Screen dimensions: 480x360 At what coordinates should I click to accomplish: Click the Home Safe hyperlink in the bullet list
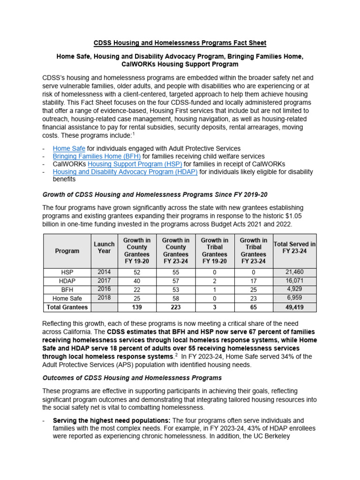coord(69,149)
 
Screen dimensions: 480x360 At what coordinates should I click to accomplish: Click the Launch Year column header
coord(104,247)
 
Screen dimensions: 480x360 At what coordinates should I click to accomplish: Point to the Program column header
coord(67,251)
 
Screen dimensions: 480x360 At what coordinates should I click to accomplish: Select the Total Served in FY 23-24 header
coord(294,247)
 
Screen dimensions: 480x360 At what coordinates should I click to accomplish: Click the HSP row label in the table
coord(67,272)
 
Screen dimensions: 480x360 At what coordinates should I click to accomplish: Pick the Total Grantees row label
coord(67,307)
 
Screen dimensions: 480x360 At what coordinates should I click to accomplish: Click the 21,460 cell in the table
coord(294,272)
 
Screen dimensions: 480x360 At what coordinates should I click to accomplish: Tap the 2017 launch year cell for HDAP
coord(104,280)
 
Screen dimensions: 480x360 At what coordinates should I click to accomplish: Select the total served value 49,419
coord(294,307)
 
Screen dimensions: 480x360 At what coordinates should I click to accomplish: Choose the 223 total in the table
coord(176,307)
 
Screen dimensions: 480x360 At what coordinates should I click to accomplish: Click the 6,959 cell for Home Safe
coord(294,298)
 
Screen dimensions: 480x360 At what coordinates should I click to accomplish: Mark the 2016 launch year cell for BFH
coord(104,289)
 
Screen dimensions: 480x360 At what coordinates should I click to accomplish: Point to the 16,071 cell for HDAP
coord(294,280)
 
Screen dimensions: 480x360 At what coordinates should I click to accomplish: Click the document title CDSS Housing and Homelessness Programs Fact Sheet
coord(180,43)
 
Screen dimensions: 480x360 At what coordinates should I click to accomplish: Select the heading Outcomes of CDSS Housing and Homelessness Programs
coord(132,377)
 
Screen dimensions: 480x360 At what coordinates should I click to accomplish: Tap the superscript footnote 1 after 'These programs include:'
coord(134,134)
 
